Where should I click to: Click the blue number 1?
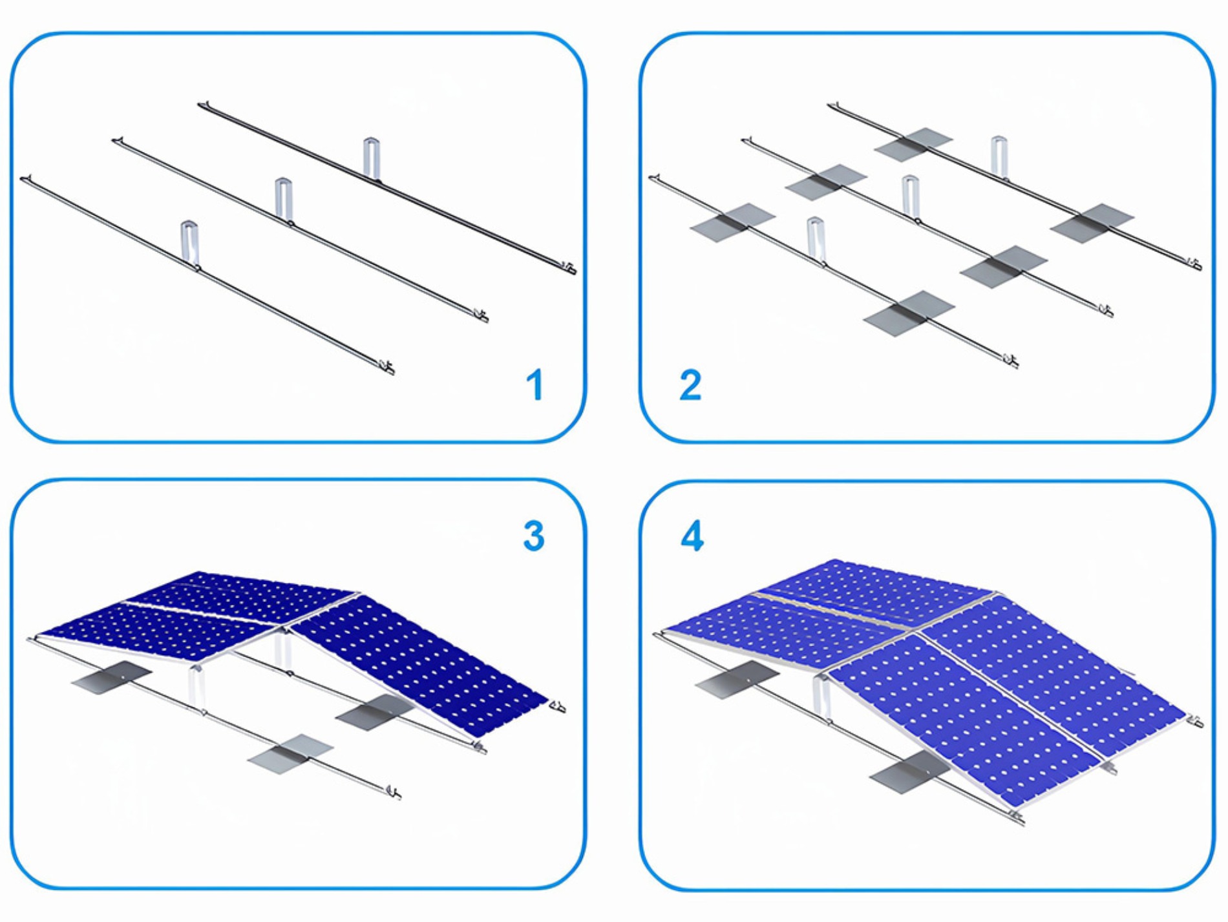click(x=535, y=385)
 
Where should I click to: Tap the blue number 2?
click(x=690, y=385)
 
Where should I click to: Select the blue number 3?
click(x=534, y=536)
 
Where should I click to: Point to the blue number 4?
click(x=692, y=536)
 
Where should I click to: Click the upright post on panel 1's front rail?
click(x=189, y=243)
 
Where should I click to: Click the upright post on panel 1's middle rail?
click(x=282, y=199)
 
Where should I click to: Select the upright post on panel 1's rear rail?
click(x=370, y=157)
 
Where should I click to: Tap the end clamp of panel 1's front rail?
click(x=388, y=368)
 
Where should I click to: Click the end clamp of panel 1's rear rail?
click(x=568, y=268)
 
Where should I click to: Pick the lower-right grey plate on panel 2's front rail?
click(x=909, y=313)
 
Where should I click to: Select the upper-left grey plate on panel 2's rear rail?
click(x=913, y=145)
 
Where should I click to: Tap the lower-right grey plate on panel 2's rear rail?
click(x=1092, y=223)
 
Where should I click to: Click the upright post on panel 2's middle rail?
click(x=910, y=195)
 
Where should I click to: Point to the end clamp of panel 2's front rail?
click(x=1011, y=361)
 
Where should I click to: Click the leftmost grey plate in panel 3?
click(x=111, y=677)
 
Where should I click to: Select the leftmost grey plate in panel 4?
click(x=736, y=678)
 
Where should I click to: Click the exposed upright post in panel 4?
click(x=821, y=698)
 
